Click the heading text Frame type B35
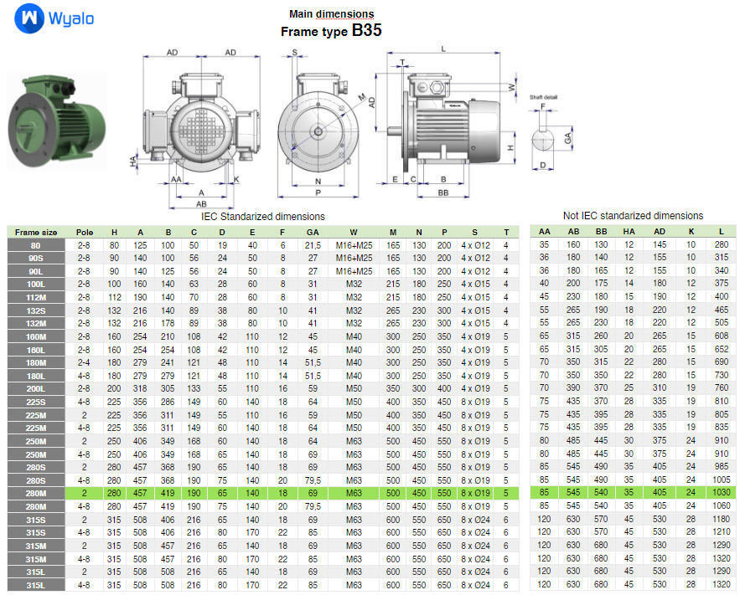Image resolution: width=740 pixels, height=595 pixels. click(x=331, y=31)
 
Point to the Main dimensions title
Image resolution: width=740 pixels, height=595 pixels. click(x=331, y=13)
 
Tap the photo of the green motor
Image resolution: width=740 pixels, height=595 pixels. click(x=56, y=121)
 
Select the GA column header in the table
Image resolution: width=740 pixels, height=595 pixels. click(x=313, y=232)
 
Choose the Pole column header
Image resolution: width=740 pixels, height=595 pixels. click(x=85, y=232)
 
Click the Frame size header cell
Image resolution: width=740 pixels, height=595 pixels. click(x=36, y=232)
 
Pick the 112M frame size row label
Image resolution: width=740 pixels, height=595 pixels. click(x=36, y=296)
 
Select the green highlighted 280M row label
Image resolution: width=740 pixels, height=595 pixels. click(x=36, y=493)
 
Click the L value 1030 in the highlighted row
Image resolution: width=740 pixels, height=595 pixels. click(x=720, y=493)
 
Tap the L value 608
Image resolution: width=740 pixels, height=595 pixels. click(x=720, y=336)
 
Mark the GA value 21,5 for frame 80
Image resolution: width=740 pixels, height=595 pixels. click(x=313, y=244)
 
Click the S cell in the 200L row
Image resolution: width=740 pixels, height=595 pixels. click(x=475, y=388)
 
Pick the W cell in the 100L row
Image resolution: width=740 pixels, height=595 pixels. click(x=353, y=284)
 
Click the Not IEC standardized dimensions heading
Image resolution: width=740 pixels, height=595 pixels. click(x=633, y=216)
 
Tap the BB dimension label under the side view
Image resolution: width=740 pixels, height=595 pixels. click(x=442, y=192)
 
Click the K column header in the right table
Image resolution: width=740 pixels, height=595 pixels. click(x=691, y=232)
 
